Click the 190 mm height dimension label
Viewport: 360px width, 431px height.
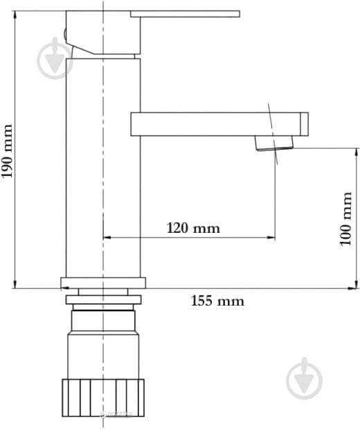click(8, 150)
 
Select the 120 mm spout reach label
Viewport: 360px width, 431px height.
click(192, 228)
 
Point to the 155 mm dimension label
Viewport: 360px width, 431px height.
click(217, 301)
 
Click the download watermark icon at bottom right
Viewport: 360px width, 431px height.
click(304, 379)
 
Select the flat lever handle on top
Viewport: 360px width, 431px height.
click(188, 14)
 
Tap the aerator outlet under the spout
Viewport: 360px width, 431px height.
click(274, 143)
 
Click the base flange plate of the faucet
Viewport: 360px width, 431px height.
click(103, 283)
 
